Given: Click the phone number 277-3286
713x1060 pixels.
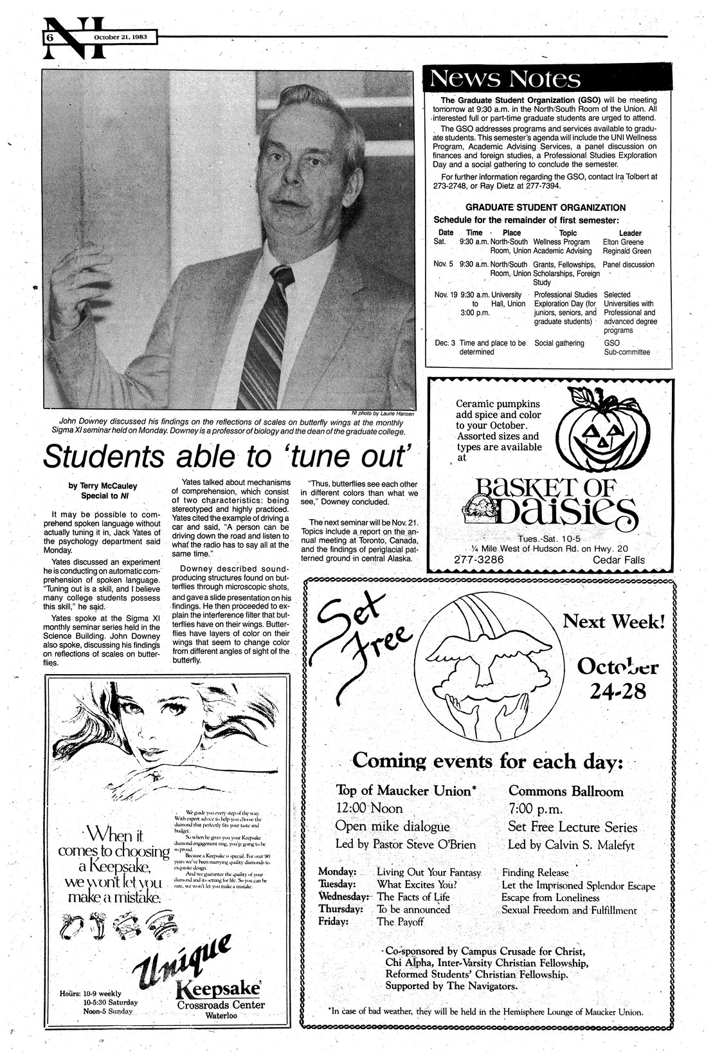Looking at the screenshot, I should tap(478, 560).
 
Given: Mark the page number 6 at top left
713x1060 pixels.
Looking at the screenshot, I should tap(48, 38).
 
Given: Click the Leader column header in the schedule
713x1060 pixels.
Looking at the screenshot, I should tap(629, 233).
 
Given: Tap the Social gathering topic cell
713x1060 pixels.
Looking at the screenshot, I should tap(559, 343).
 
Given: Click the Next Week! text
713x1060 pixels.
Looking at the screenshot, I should tap(613, 622).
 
